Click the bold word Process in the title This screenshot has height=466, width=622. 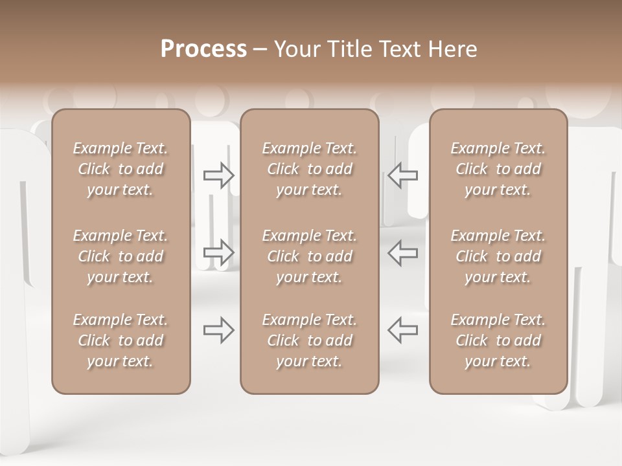[203, 49]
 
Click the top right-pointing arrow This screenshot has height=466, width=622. [219, 175]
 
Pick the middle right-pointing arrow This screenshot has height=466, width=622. [219, 252]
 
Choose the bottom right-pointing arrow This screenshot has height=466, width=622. [219, 330]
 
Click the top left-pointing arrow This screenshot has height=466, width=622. [402, 175]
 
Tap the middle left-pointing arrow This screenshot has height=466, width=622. [402, 252]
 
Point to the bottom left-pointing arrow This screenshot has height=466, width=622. [402, 330]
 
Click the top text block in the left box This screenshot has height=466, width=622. [121, 169]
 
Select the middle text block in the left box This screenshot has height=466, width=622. [121, 256]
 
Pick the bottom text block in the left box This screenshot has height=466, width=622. [121, 340]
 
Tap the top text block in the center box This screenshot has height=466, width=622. [310, 169]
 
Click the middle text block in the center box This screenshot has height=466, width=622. [310, 256]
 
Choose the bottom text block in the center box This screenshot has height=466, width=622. [310, 340]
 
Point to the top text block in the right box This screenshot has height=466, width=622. [498, 169]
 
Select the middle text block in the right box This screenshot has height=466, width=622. [498, 256]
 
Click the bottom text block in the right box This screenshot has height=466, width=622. [498, 340]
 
